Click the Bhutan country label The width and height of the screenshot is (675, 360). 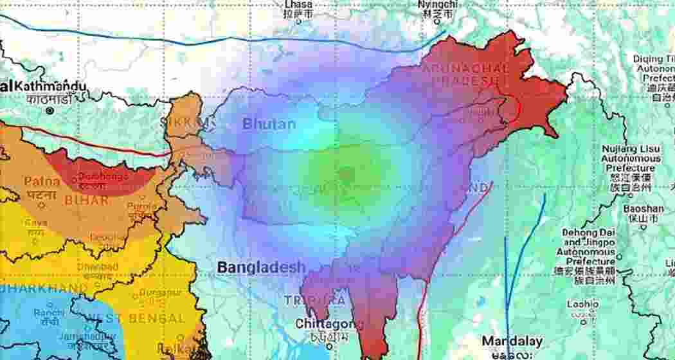[269, 124]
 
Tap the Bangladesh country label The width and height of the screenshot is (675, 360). [261, 267]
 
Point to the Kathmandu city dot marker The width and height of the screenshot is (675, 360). [50, 111]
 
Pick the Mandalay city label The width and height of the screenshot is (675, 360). [512, 341]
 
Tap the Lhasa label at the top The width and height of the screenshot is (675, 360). [298, 4]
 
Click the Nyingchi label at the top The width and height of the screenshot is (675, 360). [438, 4]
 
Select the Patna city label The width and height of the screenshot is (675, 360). [42, 182]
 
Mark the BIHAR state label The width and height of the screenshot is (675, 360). [85, 201]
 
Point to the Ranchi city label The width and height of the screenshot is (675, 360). [49, 312]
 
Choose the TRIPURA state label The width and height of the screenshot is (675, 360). [314, 300]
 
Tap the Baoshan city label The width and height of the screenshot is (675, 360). [643, 209]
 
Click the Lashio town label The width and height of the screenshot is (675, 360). [583, 304]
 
